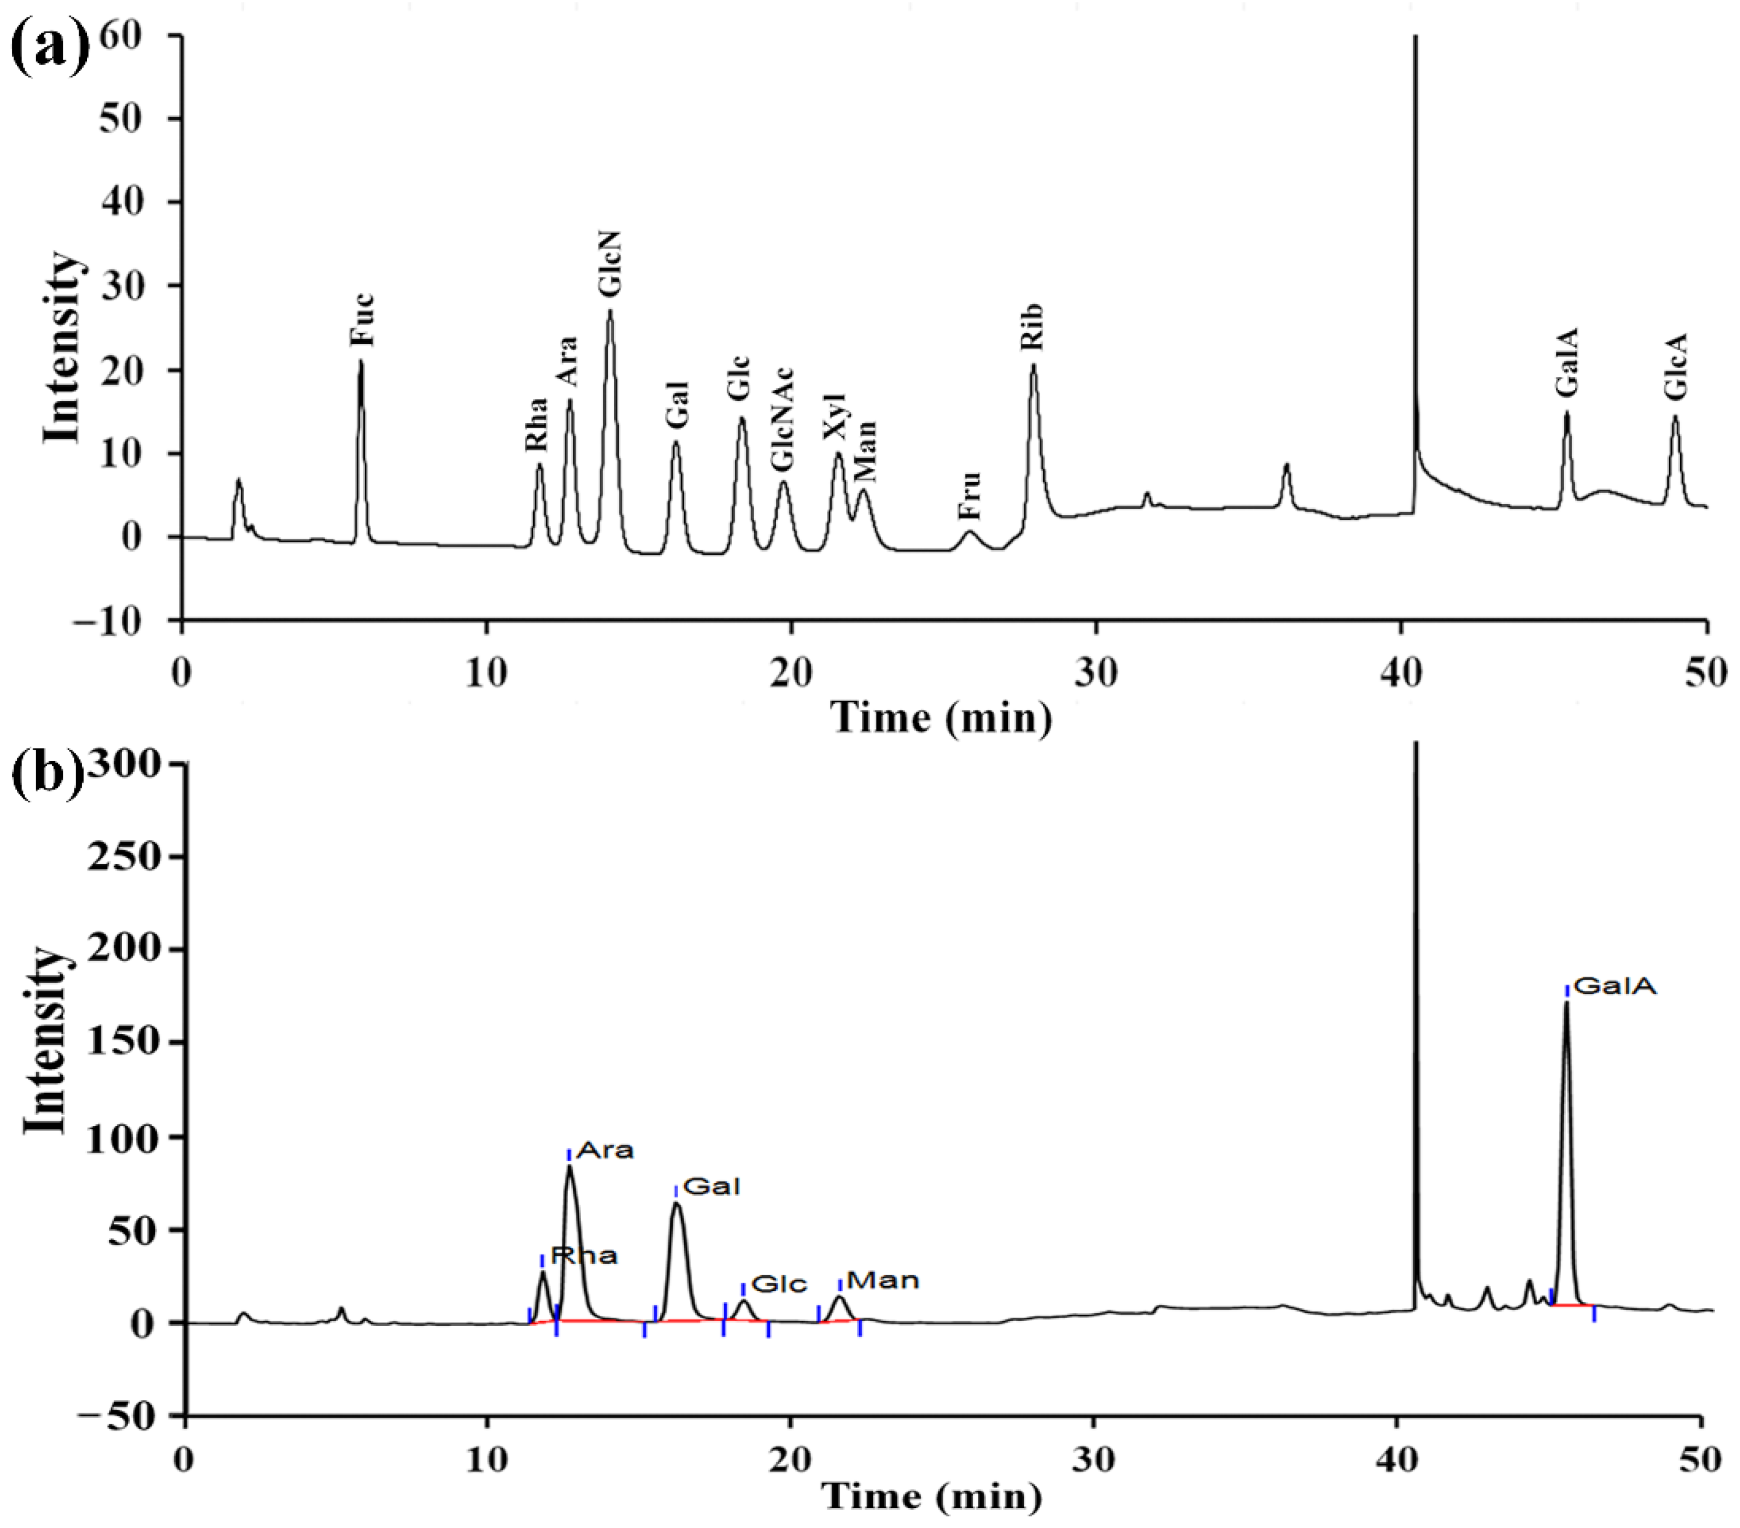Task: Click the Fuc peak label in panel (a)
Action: (362, 319)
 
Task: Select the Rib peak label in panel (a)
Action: (1032, 327)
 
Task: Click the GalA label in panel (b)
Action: (1615, 987)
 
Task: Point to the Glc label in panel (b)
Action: (779, 1284)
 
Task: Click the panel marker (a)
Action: (50, 48)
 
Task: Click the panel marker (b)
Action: (47, 774)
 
